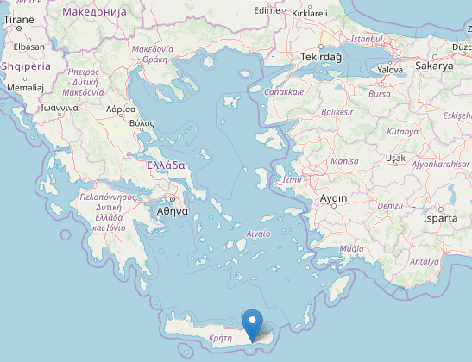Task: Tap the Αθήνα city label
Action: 173,209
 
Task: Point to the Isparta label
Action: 440,218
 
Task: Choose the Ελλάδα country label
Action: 167,165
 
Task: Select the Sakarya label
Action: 434,66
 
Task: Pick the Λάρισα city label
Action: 120,110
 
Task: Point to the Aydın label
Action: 333,198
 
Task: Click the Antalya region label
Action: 424,261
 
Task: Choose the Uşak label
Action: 395,159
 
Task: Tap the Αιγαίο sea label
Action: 259,234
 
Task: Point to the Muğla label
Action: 353,248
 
